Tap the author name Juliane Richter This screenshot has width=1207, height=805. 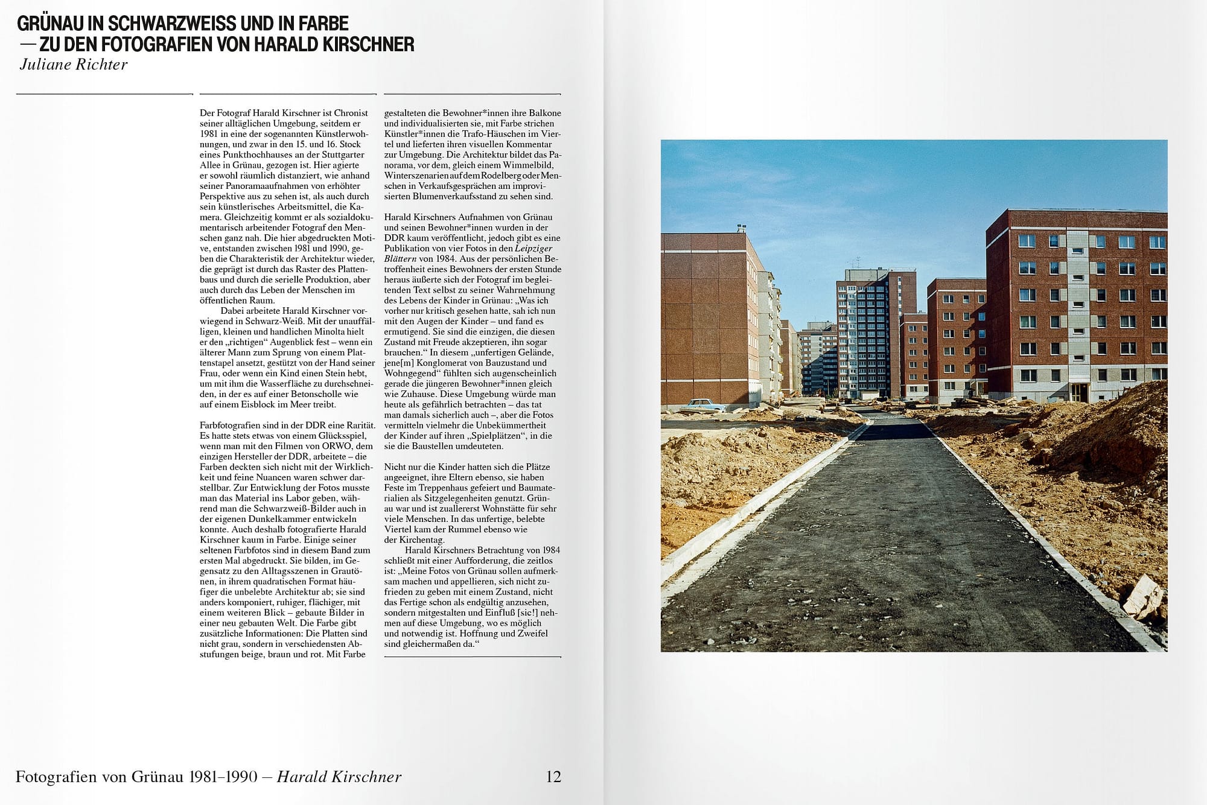74,65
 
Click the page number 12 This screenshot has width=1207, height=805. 553,777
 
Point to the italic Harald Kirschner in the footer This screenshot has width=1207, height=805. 339,777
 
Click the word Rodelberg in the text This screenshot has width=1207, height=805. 500,175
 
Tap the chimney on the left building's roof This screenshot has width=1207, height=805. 740,228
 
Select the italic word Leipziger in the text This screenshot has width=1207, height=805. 533,248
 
